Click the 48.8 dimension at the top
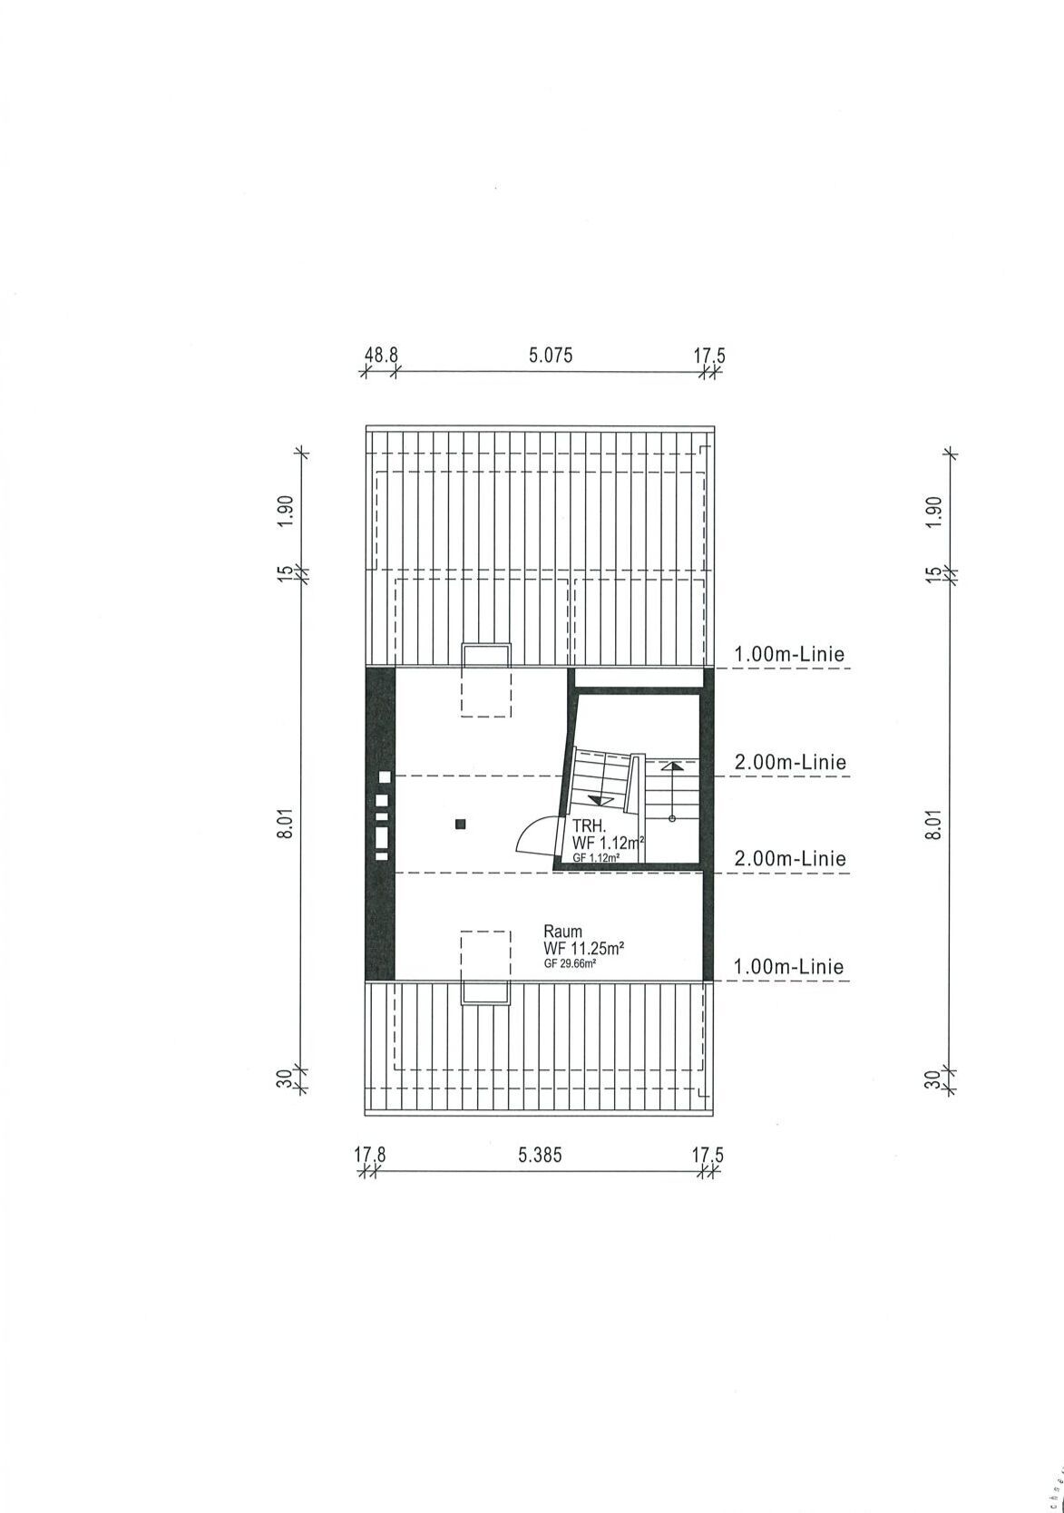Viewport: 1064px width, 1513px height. click(x=382, y=356)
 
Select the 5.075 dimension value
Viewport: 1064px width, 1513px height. click(x=551, y=356)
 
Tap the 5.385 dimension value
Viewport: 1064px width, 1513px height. click(x=540, y=1156)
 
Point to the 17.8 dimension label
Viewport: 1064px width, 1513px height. click(x=370, y=1156)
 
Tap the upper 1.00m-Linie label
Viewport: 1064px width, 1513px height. click(x=789, y=654)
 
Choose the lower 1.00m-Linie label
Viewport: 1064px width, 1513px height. click(x=789, y=967)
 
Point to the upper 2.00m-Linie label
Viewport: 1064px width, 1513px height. click(x=790, y=763)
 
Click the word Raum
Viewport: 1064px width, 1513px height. click(x=562, y=932)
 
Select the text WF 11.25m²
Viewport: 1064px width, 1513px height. click(x=583, y=948)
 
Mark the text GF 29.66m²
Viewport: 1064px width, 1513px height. click(x=570, y=964)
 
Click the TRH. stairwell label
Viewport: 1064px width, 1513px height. click(x=586, y=826)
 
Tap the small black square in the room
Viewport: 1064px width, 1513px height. click(x=461, y=824)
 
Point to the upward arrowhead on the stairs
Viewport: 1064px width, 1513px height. click(x=671, y=766)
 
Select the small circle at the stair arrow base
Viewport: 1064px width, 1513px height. click(x=671, y=819)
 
